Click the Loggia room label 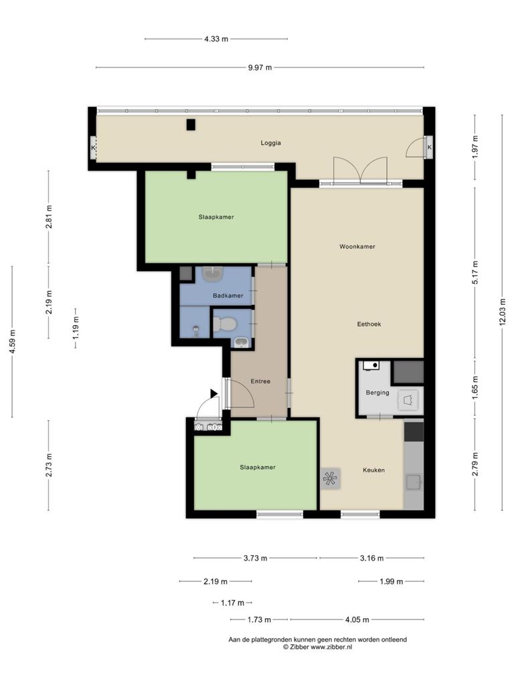tap(270, 143)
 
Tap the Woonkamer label tap(357, 246)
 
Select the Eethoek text tap(369, 324)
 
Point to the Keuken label tap(373, 470)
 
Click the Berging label tap(377, 392)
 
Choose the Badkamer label tap(228, 296)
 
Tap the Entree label tap(260, 381)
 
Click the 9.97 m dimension tap(260, 68)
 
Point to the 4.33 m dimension tap(216, 39)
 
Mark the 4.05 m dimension tap(357, 619)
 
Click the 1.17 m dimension tap(232, 603)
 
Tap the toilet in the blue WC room tap(225, 324)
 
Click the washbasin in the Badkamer tap(213, 274)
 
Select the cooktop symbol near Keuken tap(330, 478)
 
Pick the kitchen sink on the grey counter tap(413, 482)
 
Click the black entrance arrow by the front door tap(213, 393)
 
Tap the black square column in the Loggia tap(191, 125)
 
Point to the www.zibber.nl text tap(331, 647)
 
